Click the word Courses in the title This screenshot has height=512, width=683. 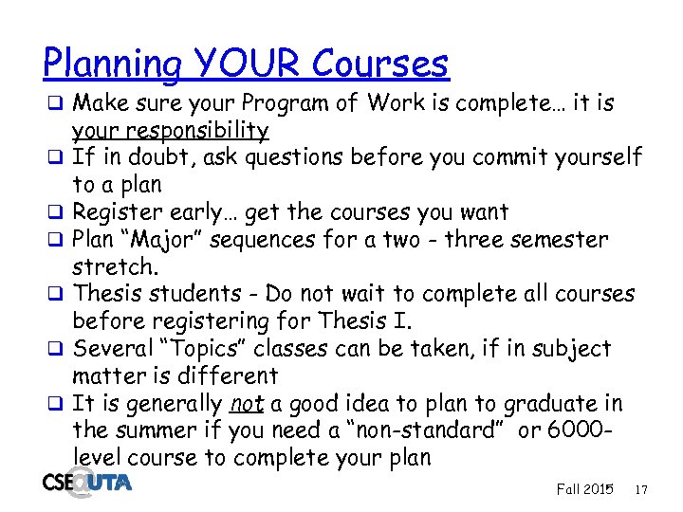point(381,64)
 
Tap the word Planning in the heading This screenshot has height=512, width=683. point(112,65)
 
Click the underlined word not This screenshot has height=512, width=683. point(247,405)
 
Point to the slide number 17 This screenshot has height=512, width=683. point(641,489)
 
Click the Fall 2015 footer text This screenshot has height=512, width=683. point(584,489)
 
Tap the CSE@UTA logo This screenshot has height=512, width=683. point(86,482)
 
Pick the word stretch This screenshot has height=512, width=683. point(114,267)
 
